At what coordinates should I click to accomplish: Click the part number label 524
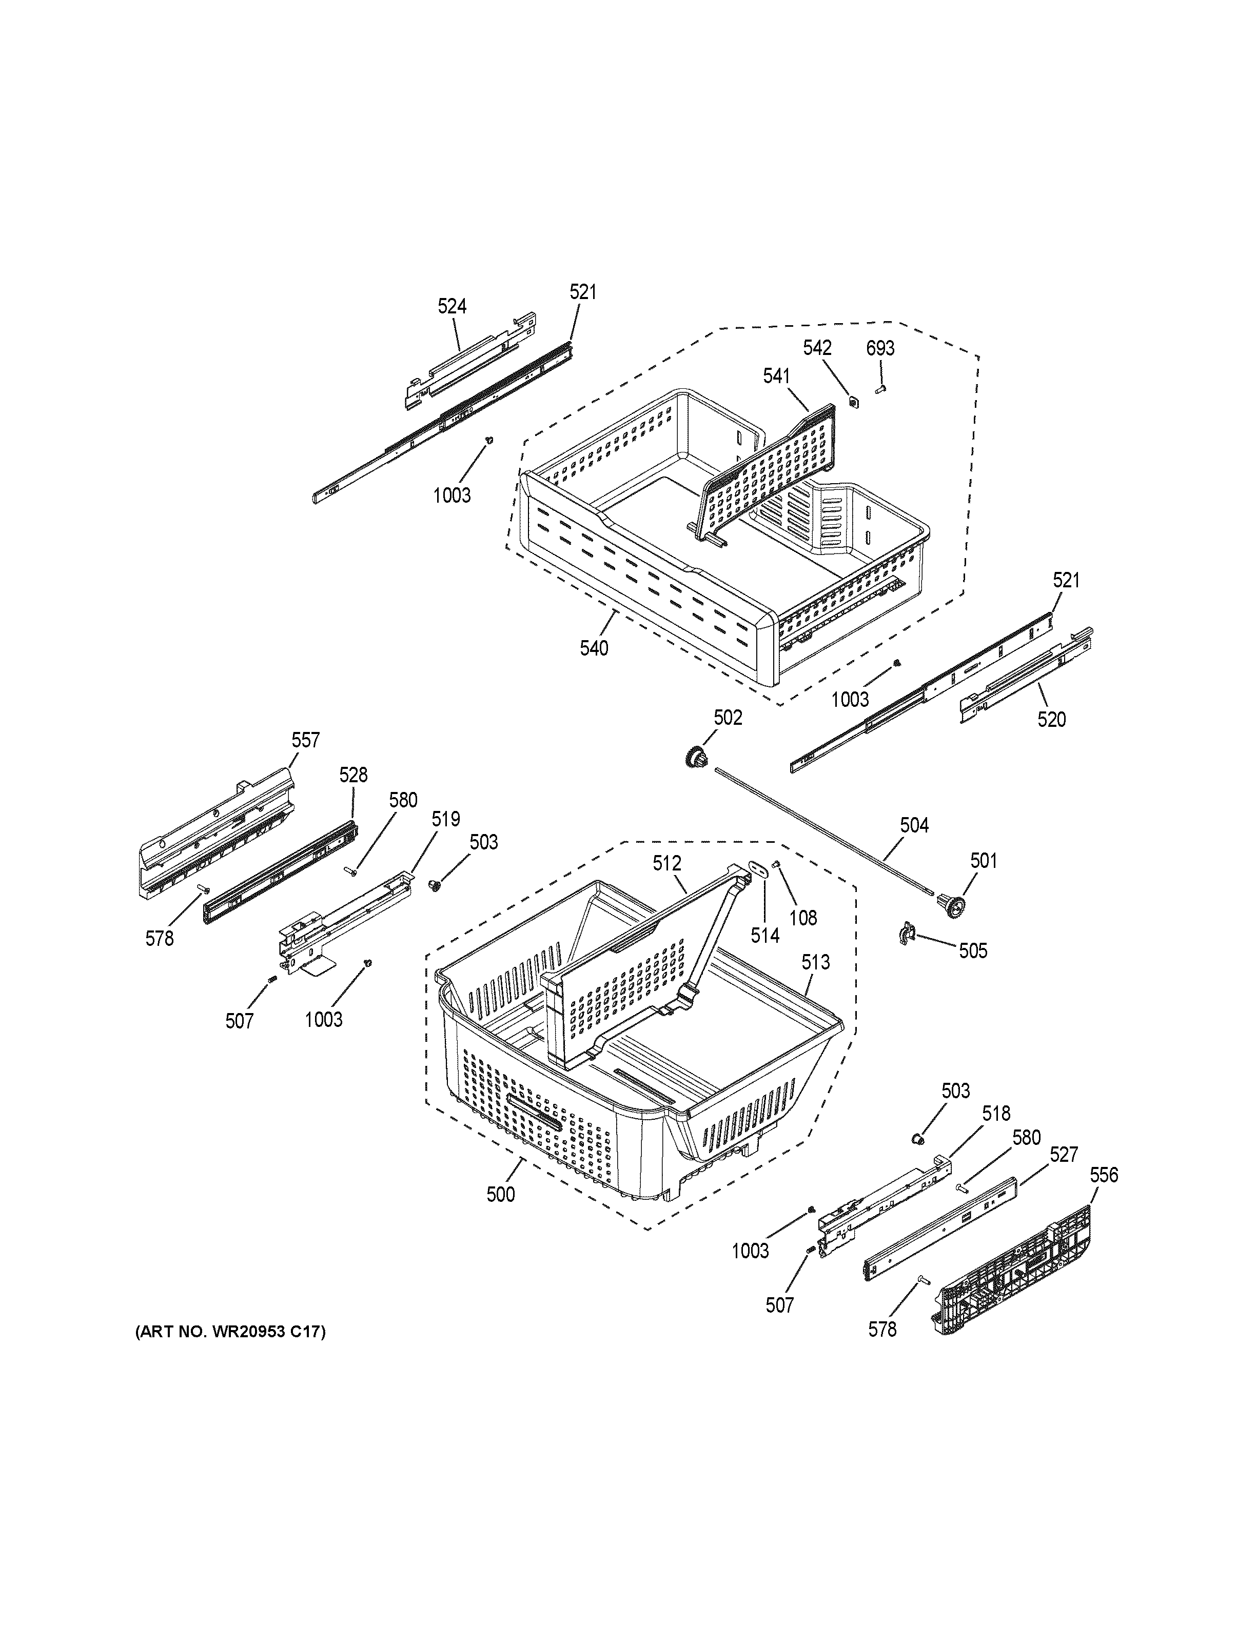tap(452, 306)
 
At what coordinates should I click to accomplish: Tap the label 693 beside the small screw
tap(880, 348)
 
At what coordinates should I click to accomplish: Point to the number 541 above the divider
tap(776, 376)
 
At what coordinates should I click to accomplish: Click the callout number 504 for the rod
tap(914, 825)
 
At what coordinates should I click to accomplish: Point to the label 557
tap(305, 740)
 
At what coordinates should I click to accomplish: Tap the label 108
tap(803, 918)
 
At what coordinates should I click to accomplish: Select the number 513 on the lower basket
tap(815, 962)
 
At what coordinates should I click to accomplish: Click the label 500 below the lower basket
tap(500, 1194)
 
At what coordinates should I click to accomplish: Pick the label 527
tap(1063, 1154)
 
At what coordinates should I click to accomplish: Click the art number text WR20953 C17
tap(229, 1332)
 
